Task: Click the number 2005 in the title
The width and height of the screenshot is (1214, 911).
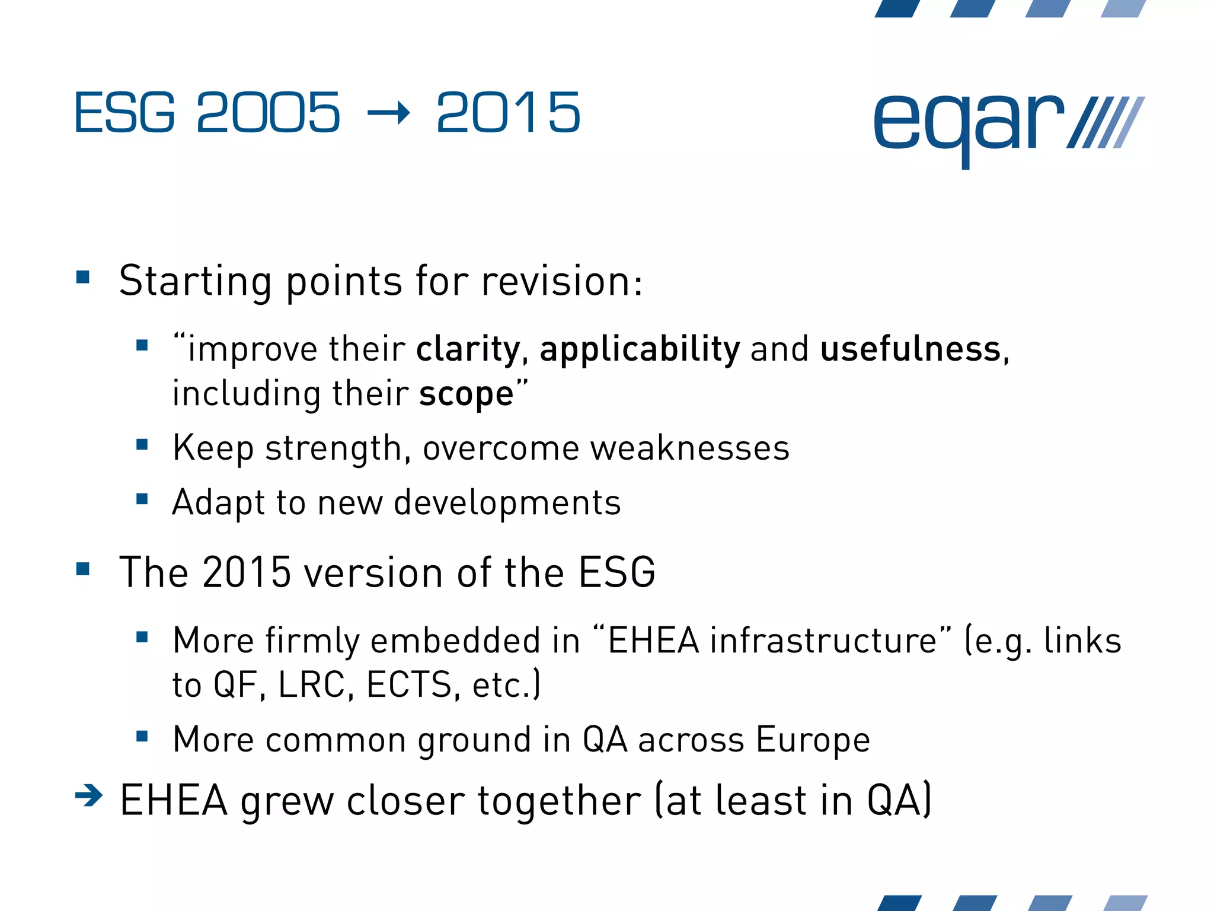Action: coord(268,113)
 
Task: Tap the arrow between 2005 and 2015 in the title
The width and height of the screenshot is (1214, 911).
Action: coord(388,113)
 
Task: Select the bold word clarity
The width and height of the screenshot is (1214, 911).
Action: coord(468,349)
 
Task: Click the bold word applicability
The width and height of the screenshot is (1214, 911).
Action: coord(640,349)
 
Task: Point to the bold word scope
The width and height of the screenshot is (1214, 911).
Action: coord(466,394)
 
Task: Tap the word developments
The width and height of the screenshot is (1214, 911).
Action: coord(507,503)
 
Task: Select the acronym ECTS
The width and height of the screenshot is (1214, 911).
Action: coord(409,685)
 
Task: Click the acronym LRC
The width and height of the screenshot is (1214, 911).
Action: coord(311,685)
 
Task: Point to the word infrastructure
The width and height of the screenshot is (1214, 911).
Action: coord(823,641)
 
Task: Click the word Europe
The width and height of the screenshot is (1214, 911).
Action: coord(813,740)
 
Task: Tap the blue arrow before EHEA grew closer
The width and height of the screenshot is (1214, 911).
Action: coord(89,795)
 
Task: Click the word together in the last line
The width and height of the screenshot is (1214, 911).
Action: coord(558,801)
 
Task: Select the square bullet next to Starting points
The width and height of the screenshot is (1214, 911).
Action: coord(83,277)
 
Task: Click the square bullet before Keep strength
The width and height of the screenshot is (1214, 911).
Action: coord(142,444)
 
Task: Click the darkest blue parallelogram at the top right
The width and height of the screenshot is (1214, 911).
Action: coord(897,8)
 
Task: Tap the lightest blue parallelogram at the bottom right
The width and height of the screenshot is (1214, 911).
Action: coord(1124,903)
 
